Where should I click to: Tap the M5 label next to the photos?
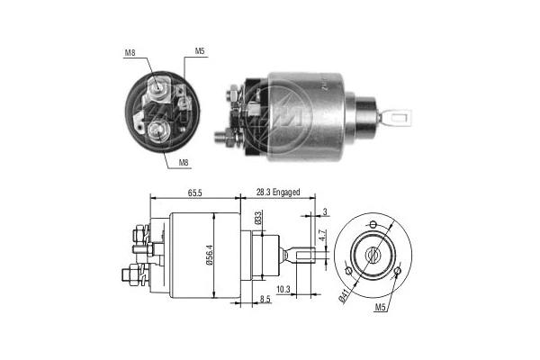[201, 51]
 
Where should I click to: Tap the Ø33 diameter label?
[256, 216]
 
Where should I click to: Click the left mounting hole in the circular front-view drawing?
[348, 271]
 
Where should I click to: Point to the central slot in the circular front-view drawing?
[372, 255]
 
